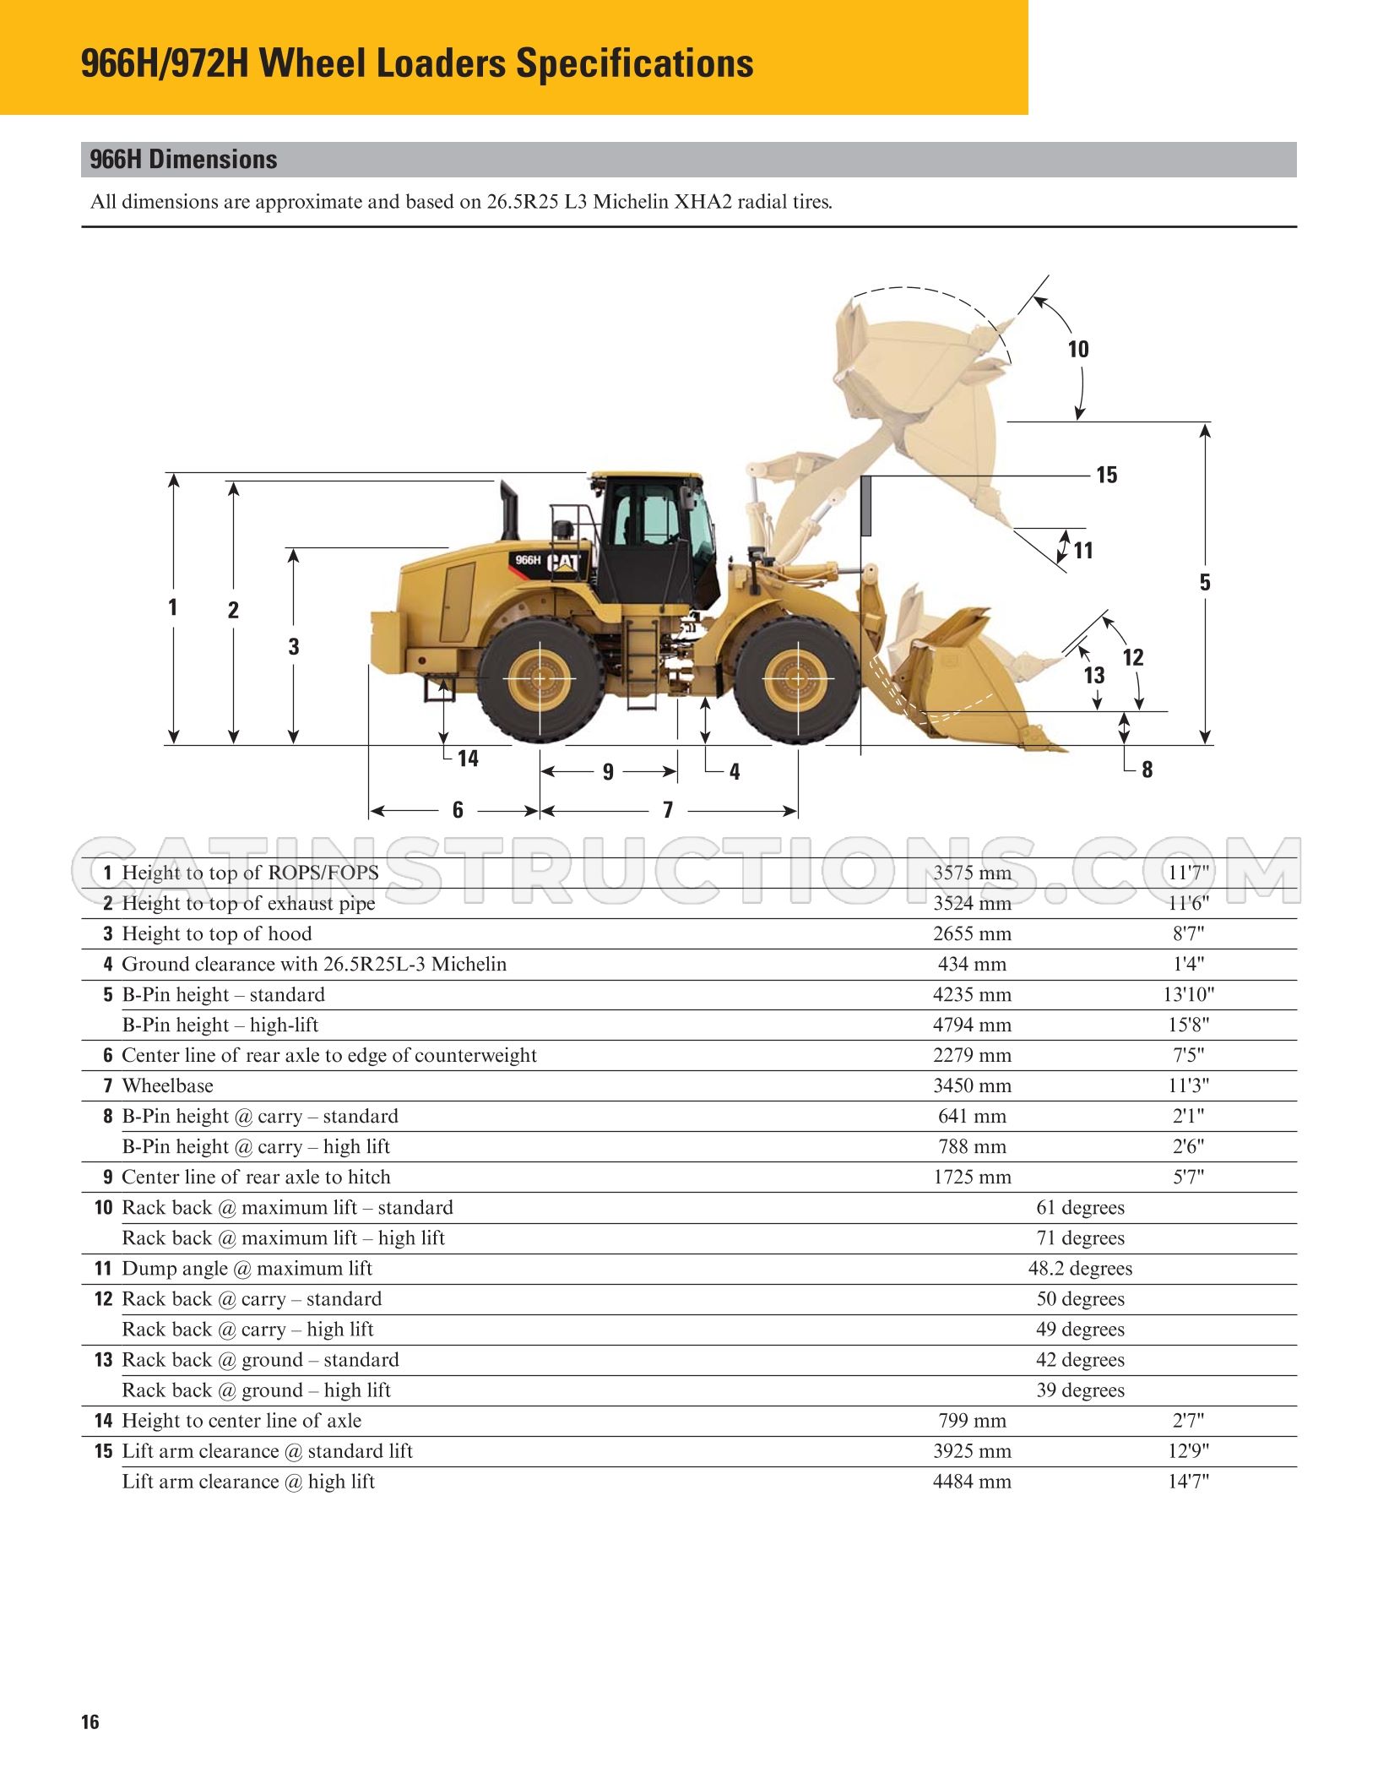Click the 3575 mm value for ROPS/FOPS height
972,873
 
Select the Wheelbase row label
167,1085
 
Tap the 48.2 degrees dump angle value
1080,1268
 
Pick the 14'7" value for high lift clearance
1188,1481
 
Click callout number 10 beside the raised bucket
1078,349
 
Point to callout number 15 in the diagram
1106,475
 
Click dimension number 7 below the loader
668,810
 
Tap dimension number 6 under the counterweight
458,810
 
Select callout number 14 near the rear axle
468,759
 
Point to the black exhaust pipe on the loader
509,510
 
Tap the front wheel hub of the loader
797,678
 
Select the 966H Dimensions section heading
183,160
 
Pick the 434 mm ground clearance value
972,964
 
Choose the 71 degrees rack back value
1080,1237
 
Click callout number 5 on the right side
1205,582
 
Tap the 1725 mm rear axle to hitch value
972,1177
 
